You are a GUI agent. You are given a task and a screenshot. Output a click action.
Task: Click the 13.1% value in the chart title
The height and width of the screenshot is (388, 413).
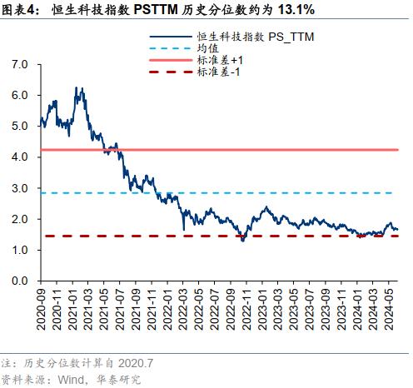pyautogui.click(x=292, y=10)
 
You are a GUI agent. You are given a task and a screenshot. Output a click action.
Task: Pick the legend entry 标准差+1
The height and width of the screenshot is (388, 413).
pyautogui.click(x=220, y=62)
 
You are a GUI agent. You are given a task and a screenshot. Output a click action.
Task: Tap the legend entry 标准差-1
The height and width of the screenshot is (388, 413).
pyautogui.click(x=218, y=73)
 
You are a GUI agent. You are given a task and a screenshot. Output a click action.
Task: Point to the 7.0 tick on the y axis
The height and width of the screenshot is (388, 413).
pyautogui.click(x=21, y=64)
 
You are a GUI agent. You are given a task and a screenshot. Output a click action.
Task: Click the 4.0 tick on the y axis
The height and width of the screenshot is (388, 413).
pyautogui.click(x=21, y=157)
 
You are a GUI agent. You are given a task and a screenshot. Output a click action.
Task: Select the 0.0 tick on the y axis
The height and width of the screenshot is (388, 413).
pyautogui.click(x=21, y=281)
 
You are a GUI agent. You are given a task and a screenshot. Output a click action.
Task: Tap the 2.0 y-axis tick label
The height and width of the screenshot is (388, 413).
pyautogui.click(x=21, y=219)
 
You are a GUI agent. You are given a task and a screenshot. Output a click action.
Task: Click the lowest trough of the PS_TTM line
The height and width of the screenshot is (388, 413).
pyautogui.click(x=242, y=241)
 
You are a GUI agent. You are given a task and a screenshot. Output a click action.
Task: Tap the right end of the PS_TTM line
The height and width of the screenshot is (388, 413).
pyautogui.click(x=397, y=229)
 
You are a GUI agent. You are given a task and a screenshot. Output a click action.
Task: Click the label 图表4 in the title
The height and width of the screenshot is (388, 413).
pyautogui.click(x=17, y=10)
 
